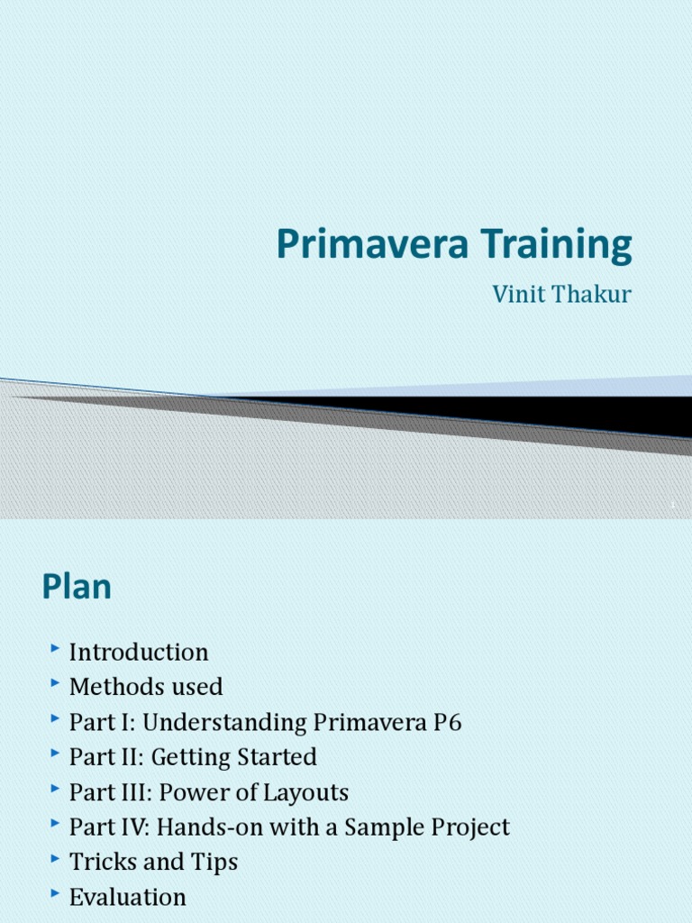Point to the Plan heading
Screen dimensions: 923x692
(x=77, y=588)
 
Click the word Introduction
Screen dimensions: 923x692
(x=139, y=652)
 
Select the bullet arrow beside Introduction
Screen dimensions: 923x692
(x=56, y=649)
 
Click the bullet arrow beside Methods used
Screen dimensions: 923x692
(x=56, y=684)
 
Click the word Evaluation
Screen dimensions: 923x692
(x=128, y=897)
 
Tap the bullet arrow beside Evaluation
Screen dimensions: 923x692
(x=56, y=894)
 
